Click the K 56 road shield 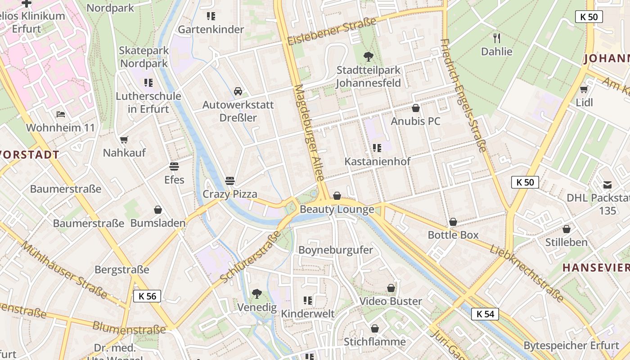click(147, 296)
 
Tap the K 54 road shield click(485, 314)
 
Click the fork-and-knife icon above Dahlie click(497, 38)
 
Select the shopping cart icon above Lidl click(584, 89)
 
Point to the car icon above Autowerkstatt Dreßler click(238, 91)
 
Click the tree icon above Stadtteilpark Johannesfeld click(369, 57)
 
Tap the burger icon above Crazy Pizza click(230, 181)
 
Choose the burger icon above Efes click(174, 166)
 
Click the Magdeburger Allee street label click(309, 133)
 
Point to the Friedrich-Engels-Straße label click(464, 95)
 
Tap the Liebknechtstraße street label click(526, 273)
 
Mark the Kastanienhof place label click(378, 161)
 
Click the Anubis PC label click(415, 121)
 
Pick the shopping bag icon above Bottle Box click(453, 222)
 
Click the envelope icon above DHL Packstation click(607, 184)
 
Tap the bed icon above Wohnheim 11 click(61, 114)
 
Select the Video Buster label click(391, 301)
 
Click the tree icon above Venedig click(257, 294)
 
